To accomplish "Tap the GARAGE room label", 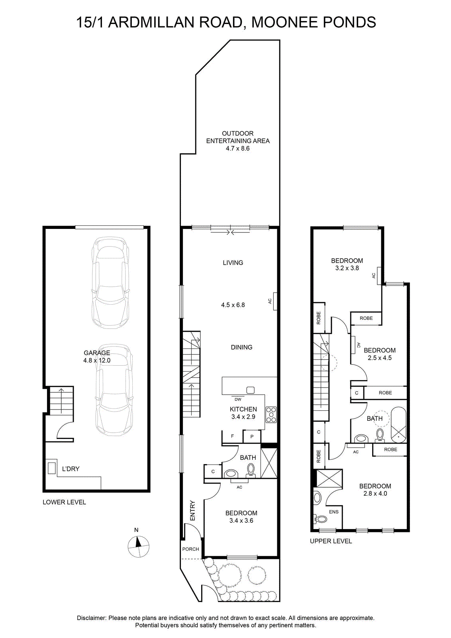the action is (x=97, y=352).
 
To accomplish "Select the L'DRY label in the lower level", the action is (x=71, y=469).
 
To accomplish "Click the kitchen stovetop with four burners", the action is (x=271, y=415).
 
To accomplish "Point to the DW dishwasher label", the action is (x=238, y=399).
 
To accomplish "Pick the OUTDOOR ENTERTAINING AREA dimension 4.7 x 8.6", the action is (x=237, y=148).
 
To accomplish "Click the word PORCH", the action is (x=191, y=549).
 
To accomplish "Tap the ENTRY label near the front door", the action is (x=193, y=511).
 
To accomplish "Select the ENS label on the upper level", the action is (x=334, y=512).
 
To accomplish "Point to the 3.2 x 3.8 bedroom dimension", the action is (x=347, y=268).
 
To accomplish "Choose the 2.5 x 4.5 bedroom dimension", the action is (x=380, y=358).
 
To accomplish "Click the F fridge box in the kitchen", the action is (x=232, y=436).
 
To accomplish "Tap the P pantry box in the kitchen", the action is (x=252, y=436).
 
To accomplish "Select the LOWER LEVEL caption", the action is (x=64, y=502).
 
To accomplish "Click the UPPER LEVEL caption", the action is (x=331, y=541).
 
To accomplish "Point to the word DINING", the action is (x=241, y=347).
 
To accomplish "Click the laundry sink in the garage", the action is (x=51, y=468).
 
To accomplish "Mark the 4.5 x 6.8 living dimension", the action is (x=233, y=305).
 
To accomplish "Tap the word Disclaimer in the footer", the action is (x=92, y=618).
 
